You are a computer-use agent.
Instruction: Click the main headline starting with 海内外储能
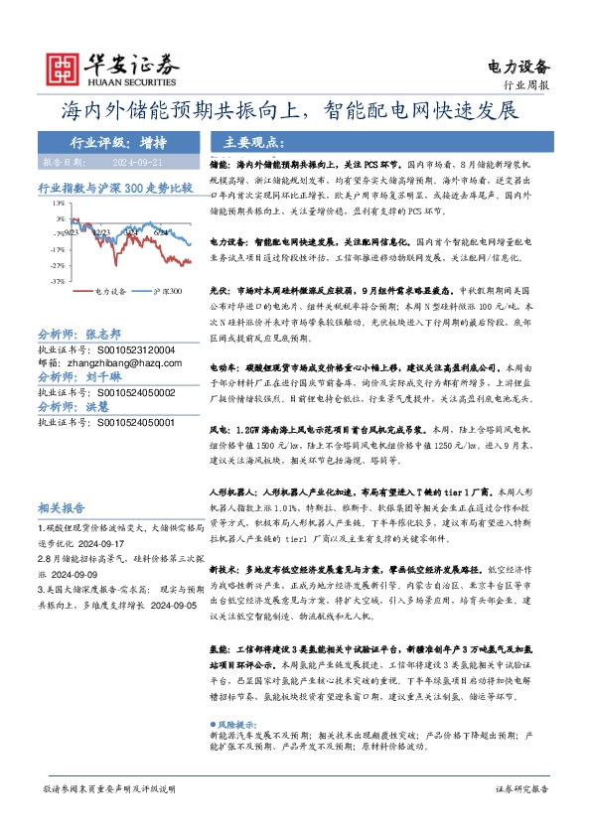point(295,110)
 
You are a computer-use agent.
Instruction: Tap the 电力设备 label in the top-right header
point(519,67)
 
